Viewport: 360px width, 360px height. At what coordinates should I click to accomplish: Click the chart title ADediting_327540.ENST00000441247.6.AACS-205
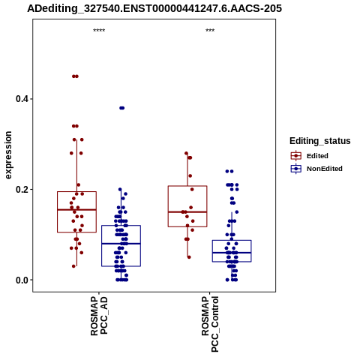(154, 8)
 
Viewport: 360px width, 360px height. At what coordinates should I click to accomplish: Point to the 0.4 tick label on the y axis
(21, 99)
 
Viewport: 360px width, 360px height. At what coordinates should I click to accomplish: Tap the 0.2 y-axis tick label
(21, 190)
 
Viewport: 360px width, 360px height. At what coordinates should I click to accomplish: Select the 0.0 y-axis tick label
(21, 280)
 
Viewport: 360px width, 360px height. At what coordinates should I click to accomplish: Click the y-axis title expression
(8, 155)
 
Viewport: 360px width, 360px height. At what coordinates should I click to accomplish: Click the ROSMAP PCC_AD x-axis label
(99, 316)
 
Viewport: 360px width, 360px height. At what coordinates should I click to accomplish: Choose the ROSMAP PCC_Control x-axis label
(210, 324)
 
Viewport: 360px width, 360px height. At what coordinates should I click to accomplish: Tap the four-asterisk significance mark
(99, 31)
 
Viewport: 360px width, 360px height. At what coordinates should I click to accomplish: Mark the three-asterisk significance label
(210, 31)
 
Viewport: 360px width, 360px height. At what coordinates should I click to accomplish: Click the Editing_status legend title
(320, 141)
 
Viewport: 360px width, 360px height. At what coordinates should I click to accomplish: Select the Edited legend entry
(317, 156)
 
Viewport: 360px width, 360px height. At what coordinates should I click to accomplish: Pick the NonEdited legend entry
(325, 169)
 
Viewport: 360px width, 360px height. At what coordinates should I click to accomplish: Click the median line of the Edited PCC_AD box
(76, 210)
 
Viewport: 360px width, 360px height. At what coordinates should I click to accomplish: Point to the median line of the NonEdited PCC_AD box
(121, 244)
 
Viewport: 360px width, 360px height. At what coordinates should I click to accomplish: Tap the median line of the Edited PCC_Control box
(187, 212)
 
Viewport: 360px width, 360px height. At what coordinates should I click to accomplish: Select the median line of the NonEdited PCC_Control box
(232, 253)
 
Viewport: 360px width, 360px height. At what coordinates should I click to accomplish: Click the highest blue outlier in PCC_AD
(121, 108)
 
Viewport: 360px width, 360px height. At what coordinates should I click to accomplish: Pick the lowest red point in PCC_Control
(189, 257)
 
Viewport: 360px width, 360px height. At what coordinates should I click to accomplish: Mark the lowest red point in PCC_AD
(73, 266)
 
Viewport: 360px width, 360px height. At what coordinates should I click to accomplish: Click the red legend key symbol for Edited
(296, 156)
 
